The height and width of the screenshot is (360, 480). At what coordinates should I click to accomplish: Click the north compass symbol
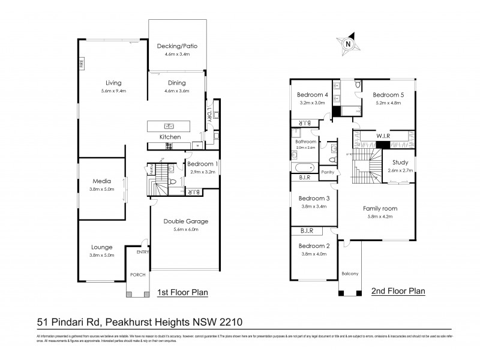pos(347,43)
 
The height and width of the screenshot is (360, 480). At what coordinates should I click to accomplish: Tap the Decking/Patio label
pos(177,46)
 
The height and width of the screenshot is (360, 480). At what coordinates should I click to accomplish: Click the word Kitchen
pos(170,137)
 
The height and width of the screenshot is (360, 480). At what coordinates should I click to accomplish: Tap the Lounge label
pos(101,247)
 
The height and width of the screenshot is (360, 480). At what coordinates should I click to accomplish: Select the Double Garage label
pos(186,221)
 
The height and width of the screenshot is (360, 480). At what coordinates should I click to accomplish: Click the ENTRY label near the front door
pos(142,253)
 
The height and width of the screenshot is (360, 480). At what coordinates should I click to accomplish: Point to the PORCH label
pos(138,275)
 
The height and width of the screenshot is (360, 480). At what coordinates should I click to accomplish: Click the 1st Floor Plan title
pos(182,293)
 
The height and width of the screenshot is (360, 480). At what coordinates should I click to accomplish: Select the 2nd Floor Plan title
pos(399,291)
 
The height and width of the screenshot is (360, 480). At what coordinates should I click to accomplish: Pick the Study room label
pos(401,163)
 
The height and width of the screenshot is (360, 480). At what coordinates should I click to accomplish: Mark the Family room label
pos(380,208)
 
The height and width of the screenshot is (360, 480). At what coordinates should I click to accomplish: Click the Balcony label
pos(350,274)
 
